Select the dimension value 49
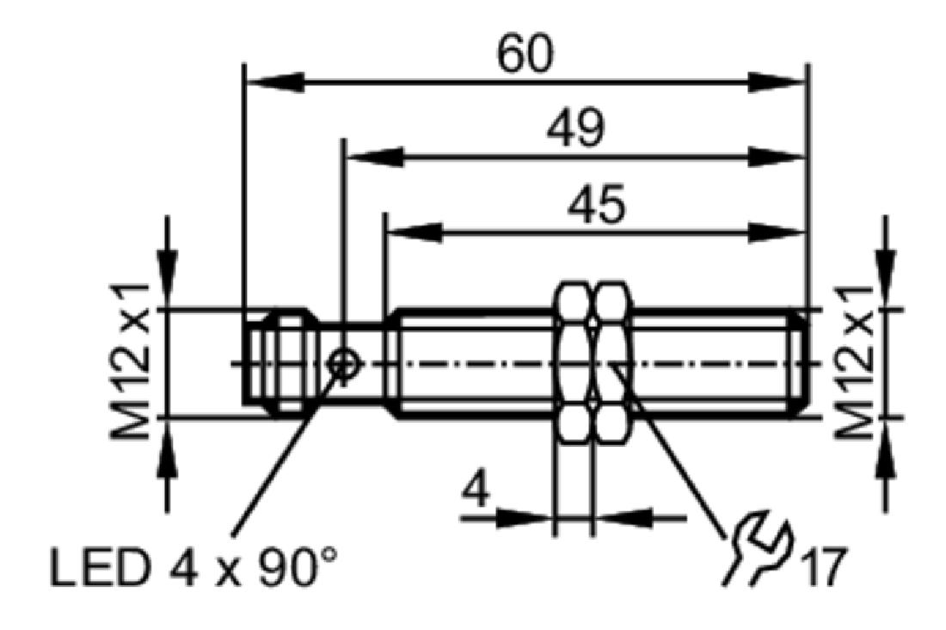[574, 127]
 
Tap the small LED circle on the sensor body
[343, 363]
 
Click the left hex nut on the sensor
[575, 363]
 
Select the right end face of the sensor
[805, 363]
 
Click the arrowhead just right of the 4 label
[525, 517]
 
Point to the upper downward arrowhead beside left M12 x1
[167, 280]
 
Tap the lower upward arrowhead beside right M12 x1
[887, 447]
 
